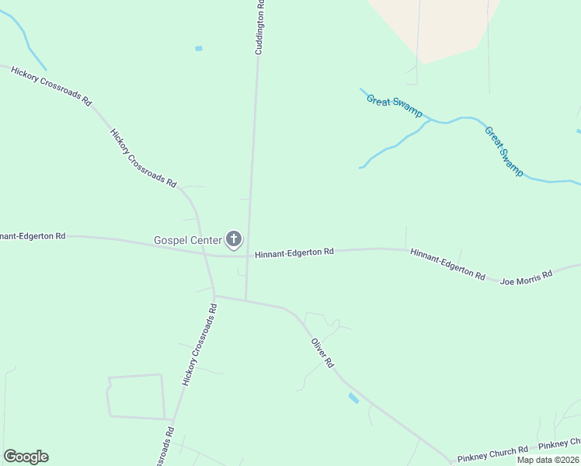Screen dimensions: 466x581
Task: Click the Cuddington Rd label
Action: tap(260, 27)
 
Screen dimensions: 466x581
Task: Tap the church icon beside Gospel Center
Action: tap(233, 239)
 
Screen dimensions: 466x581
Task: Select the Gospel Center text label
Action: tap(188, 240)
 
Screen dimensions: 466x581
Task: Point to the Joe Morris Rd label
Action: tap(526, 276)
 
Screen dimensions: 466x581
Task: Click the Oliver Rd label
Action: tap(322, 353)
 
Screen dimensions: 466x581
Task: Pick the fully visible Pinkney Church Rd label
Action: tap(492, 450)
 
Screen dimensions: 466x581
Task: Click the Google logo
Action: tap(26, 457)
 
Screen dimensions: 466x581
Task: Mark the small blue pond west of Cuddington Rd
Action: tap(199, 48)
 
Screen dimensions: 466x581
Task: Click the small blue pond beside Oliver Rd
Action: tap(353, 398)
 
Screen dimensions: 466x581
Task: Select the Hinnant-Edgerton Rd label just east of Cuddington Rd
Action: tap(294, 252)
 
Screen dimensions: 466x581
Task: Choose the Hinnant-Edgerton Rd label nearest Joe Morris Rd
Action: tap(447, 264)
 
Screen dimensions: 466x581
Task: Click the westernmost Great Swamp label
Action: tap(394, 106)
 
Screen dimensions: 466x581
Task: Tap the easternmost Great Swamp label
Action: tap(504, 151)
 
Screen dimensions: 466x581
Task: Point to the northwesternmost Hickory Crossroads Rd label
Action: tap(51, 85)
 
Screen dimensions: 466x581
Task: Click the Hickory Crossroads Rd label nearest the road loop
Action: tap(199, 345)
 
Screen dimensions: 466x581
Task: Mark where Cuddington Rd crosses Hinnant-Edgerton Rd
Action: tap(248, 255)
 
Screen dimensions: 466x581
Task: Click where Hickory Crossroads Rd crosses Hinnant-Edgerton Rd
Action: tap(206, 254)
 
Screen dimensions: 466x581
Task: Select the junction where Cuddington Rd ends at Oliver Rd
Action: tap(246, 300)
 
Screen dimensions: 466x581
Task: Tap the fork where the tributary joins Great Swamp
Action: tap(430, 120)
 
